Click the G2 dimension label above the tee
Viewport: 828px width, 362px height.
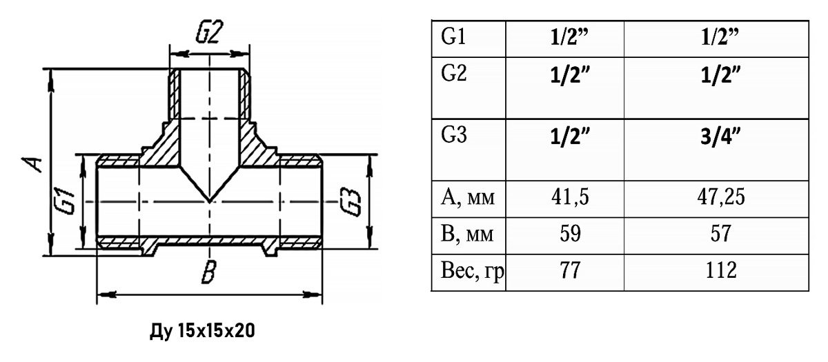[x=210, y=33]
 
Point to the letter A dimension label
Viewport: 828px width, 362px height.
[x=32, y=164]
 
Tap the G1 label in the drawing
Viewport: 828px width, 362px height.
[x=66, y=201]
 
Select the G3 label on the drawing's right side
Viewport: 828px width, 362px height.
[x=350, y=202]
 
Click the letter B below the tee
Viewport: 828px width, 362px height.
[x=210, y=272]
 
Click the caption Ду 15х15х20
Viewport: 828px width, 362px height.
[x=202, y=330]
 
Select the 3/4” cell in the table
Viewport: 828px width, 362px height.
[x=720, y=137]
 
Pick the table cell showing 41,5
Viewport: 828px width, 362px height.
[x=570, y=197]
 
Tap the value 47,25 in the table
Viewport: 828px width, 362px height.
[x=721, y=197]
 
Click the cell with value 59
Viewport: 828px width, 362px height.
[x=570, y=234]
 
